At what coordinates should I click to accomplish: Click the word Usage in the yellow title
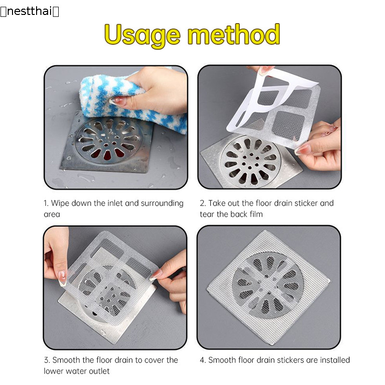tap(142, 36)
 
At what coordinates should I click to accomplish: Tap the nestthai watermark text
tap(29, 11)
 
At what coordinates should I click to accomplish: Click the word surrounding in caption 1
tap(162, 204)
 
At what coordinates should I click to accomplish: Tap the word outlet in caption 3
tap(99, 371)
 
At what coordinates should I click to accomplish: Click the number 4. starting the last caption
tap(203, 360)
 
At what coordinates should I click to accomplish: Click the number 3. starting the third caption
tap(47, 360)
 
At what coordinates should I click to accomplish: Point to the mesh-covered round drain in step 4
tap(268, 285)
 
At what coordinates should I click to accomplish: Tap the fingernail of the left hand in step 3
tap(63, 278)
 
